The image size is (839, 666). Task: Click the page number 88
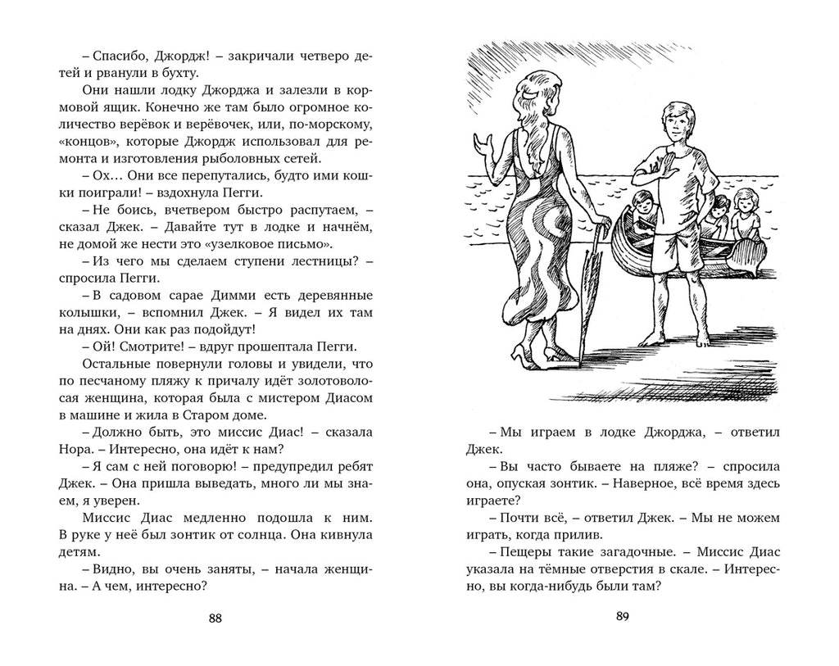(x=215, y=618)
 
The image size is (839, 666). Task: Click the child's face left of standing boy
(x=642, y=202)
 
